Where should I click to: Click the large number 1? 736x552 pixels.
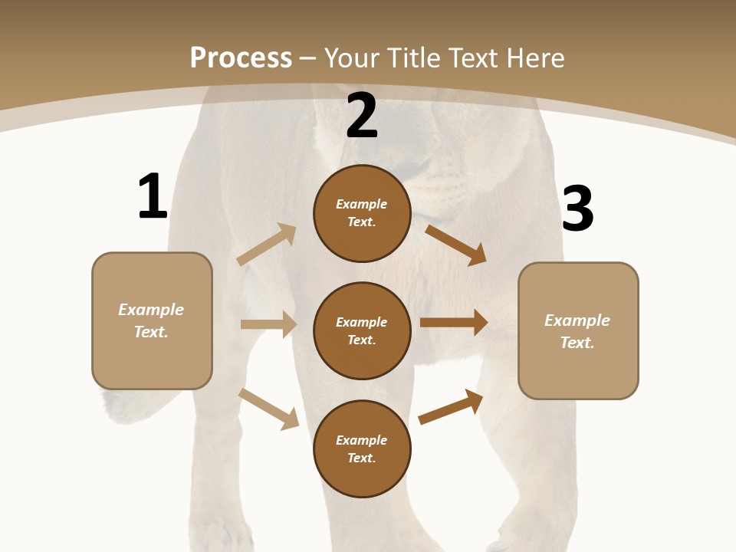(153, 196)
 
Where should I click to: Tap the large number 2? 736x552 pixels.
(362, 116)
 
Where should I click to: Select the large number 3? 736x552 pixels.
(577, 209)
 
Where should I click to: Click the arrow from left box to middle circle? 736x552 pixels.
(268, 324)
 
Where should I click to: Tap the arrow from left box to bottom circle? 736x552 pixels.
(268, 409)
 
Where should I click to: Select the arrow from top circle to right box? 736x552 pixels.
(455, 245)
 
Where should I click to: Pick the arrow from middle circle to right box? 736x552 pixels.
(454, 322)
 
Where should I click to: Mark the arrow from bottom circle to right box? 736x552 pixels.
(451, 406)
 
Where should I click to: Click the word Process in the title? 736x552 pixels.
(241, 58)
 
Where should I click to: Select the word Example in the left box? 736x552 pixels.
(151, 310)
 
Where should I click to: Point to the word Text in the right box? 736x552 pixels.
(577, 343)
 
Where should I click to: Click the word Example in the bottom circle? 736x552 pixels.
(362, 440)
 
